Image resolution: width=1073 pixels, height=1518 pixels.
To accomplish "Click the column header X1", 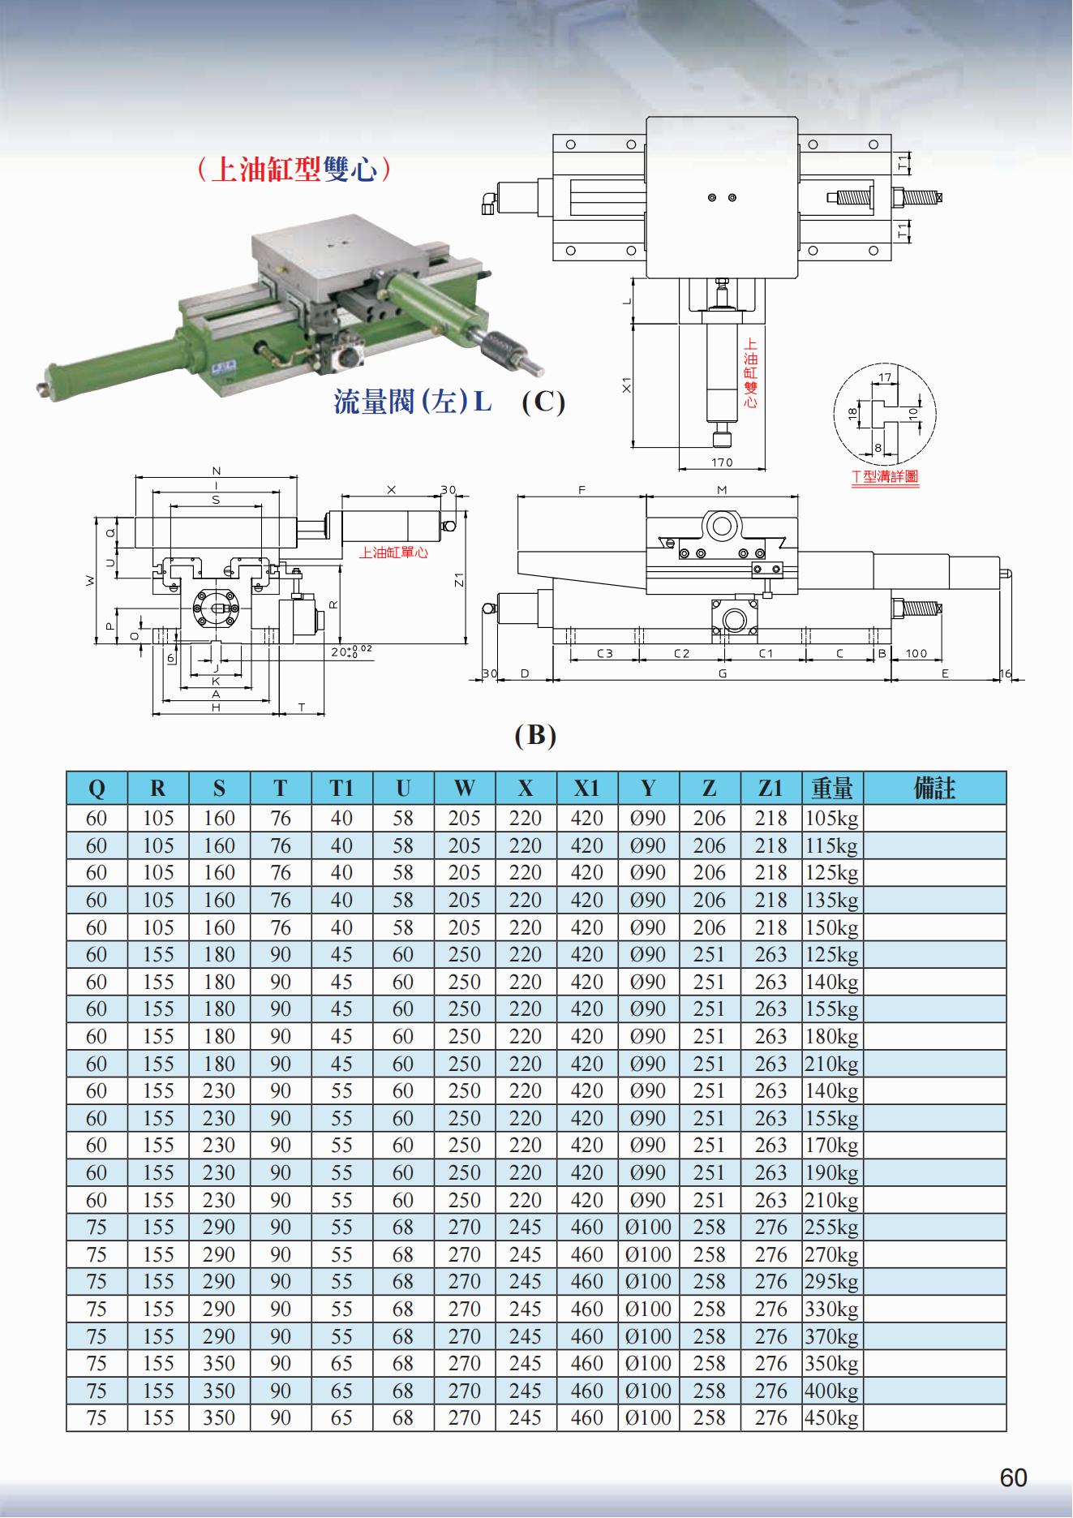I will [x=586, y=788].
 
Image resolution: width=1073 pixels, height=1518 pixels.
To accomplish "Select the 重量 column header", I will [x=832, y=788].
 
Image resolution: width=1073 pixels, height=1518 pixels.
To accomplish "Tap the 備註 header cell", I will [x=934, y=788].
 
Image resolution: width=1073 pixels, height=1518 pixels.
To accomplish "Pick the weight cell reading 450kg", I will [x=831, y=1418].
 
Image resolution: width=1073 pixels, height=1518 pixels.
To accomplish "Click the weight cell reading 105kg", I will [x=831, y=819].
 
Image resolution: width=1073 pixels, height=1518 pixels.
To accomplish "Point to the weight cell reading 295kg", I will [x=831, y=1282].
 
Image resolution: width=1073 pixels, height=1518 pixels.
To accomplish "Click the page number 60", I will [x=1013, y=1478].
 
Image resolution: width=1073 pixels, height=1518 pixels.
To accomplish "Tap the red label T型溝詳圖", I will [x=885, y=477].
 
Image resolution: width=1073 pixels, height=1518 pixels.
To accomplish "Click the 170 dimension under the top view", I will [x=721, y=462].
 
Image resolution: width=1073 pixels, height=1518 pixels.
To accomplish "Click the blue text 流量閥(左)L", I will [x=412, y=402].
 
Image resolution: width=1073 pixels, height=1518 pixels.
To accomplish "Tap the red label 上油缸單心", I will [x=393, y=553].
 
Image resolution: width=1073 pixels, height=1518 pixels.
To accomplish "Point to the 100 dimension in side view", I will [x=916, y=653].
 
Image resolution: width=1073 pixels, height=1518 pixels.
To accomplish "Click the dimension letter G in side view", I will [x=722, y=673].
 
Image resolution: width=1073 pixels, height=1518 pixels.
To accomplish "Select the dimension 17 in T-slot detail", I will [x=885, y=377].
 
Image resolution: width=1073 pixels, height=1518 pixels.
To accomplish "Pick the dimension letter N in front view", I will [x=216, y=471].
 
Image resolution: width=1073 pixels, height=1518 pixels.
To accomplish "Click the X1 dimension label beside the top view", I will [x=626, y=385].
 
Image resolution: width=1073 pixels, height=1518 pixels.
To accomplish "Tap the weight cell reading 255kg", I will [x=831, y=1228].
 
